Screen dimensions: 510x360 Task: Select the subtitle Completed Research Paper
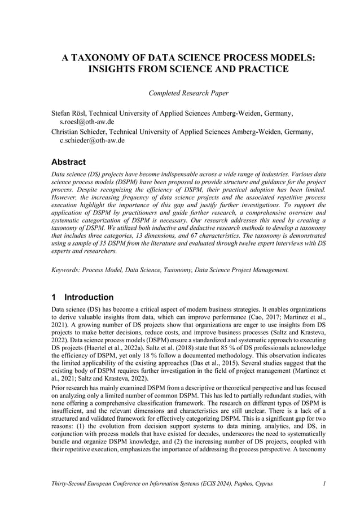tap(180, 93)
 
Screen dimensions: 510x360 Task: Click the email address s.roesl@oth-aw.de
tap(87, 121)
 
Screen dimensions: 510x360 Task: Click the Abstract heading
tap(69, 162)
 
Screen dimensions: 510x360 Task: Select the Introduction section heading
tap(89, 297)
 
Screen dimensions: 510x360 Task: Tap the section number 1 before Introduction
tap(54, 297)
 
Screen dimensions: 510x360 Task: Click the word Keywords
tap(65, 271)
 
